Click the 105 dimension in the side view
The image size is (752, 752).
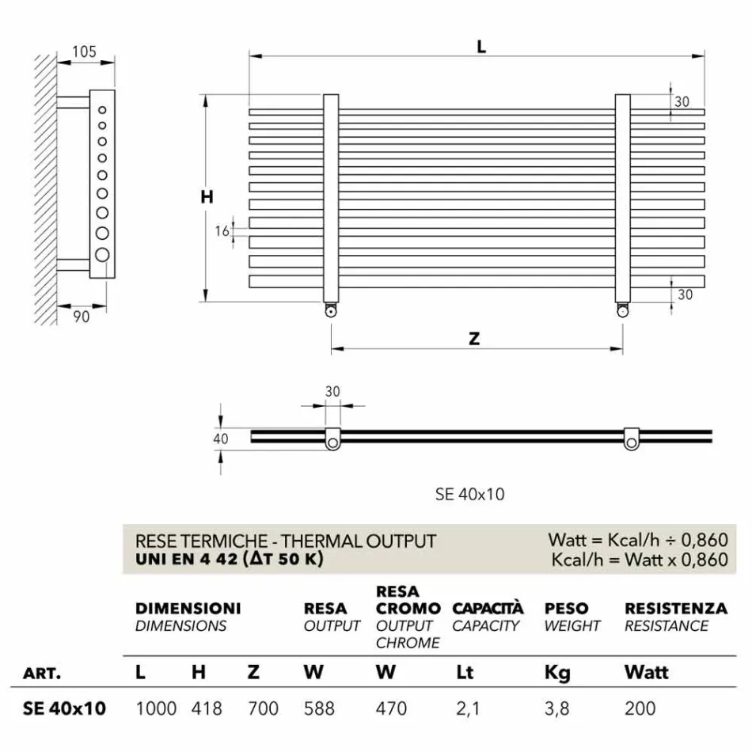coord(84,52)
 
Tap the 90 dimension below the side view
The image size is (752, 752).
coord(82,317)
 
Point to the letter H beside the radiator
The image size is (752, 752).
coord(207,198)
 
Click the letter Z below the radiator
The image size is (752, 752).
coord(474,339)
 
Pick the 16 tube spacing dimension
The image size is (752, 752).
coord(222,231)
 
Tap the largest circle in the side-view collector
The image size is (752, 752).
coord(102,255)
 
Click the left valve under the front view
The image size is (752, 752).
coord(330,311)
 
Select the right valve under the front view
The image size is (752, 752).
coord(623,311)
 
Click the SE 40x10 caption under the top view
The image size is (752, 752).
coord(469,494)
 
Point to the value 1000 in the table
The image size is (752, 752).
coord(156,708)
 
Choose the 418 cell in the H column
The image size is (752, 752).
coord(207,708)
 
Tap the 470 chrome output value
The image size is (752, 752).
coord(391,708)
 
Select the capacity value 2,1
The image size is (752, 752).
coord(468,708)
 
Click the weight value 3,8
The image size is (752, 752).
coord(556,708)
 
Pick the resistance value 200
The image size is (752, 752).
coord(640,708)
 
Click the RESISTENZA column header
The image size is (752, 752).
coord(675,609)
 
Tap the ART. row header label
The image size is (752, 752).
coord(43,674)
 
